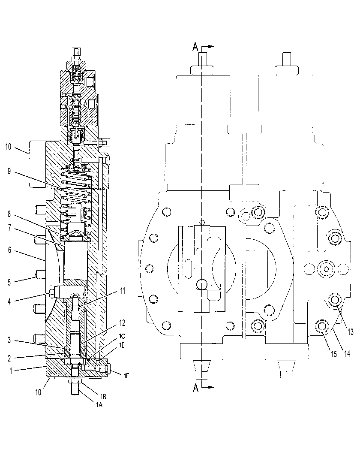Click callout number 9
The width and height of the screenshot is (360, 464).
coord(9,171)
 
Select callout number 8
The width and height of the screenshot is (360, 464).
coord(9,214)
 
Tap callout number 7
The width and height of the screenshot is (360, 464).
coord(9,228)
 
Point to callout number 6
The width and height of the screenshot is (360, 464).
coord(9,250)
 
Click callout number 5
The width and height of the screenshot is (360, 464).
coord(9,282)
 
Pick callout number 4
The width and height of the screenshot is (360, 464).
coord(9,301)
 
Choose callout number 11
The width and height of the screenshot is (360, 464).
coord(122,291)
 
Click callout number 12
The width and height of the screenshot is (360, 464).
coord(122,323)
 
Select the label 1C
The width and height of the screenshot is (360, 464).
coord(122,336)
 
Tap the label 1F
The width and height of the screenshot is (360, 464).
coord(126,376)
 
